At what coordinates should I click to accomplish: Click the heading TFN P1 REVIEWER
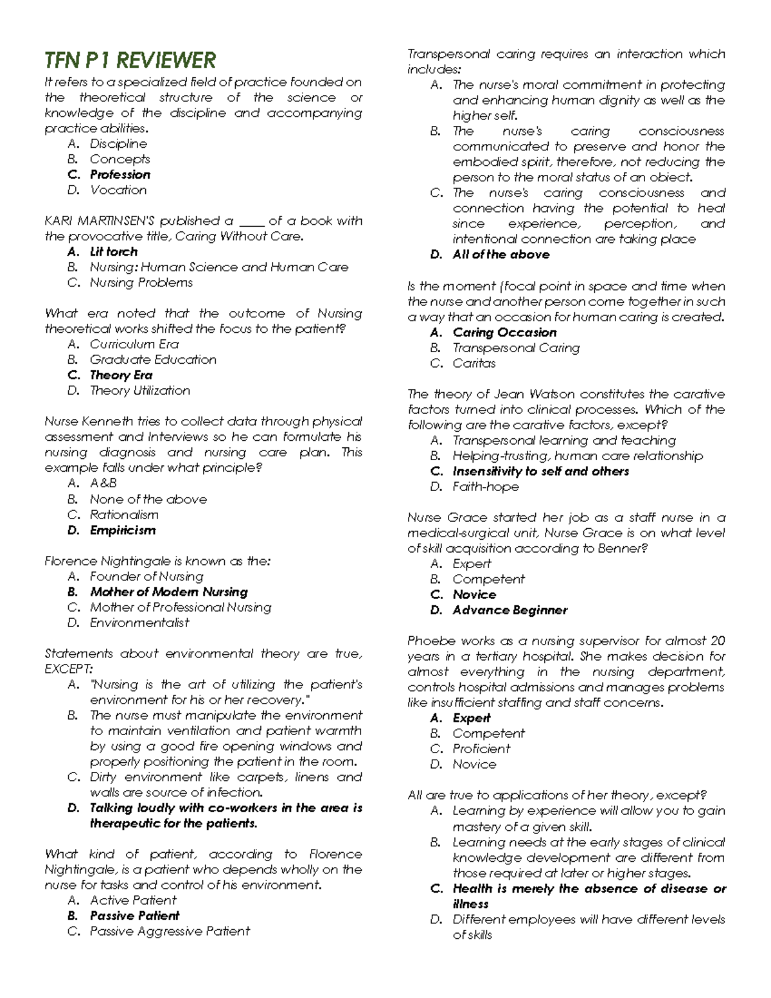(130, 60)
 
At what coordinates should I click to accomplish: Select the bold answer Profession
(120, 175)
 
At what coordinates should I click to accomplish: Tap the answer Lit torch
(113, 252)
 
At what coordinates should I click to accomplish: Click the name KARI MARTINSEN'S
(100, 221)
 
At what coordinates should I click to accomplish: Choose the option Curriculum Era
(134, 344)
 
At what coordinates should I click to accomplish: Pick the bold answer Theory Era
(121, 375)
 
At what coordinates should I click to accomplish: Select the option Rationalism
(123, 515)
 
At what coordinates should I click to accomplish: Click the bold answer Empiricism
(122, 530)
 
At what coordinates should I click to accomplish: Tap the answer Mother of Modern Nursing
(168, 592)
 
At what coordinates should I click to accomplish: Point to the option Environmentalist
(139, 623)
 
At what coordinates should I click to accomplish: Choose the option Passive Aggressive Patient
(170, 931)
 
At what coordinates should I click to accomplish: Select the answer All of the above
(501, 254)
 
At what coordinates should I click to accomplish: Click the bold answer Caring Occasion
(504, 332)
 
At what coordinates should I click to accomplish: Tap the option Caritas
(474, 363)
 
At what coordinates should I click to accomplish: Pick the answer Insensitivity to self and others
(540, 471)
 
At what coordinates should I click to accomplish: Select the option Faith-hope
(485, 486)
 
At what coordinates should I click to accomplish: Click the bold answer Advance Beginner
(510, 610)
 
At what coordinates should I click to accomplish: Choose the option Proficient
(481, 749)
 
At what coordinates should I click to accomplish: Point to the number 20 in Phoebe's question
(718, 641)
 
